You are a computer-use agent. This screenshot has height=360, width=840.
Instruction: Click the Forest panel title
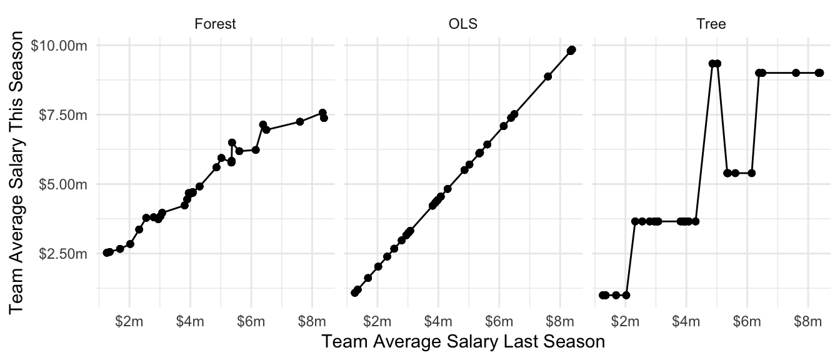point(215,25)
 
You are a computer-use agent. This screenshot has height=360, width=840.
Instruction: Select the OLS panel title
point(462,25)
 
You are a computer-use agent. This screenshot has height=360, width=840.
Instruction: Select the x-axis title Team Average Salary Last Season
point(462,342)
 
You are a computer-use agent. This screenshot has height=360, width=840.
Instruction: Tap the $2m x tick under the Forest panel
point(129,321)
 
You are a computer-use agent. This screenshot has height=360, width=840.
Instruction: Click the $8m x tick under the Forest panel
point(312,321)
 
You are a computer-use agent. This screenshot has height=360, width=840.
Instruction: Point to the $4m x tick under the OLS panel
point(437,321)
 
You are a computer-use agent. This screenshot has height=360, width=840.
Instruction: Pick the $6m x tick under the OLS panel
point(498,321)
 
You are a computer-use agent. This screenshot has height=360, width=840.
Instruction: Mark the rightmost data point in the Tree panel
point(820,72)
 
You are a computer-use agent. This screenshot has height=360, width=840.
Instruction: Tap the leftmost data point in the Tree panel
point(602,295)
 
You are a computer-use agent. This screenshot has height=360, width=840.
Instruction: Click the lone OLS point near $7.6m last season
point(547,76)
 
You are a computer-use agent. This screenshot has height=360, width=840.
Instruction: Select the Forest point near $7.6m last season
point(300,121)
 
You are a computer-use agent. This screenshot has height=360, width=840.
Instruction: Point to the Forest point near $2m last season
point(130,244)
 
